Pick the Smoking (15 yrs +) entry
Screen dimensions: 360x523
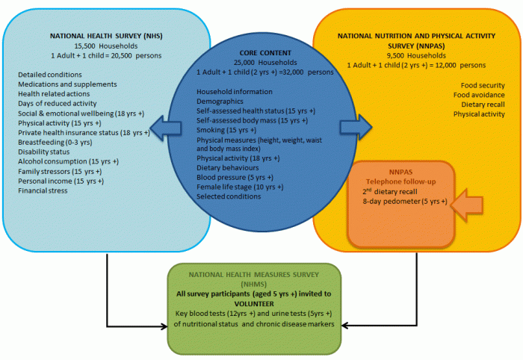(x=226, y=129)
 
